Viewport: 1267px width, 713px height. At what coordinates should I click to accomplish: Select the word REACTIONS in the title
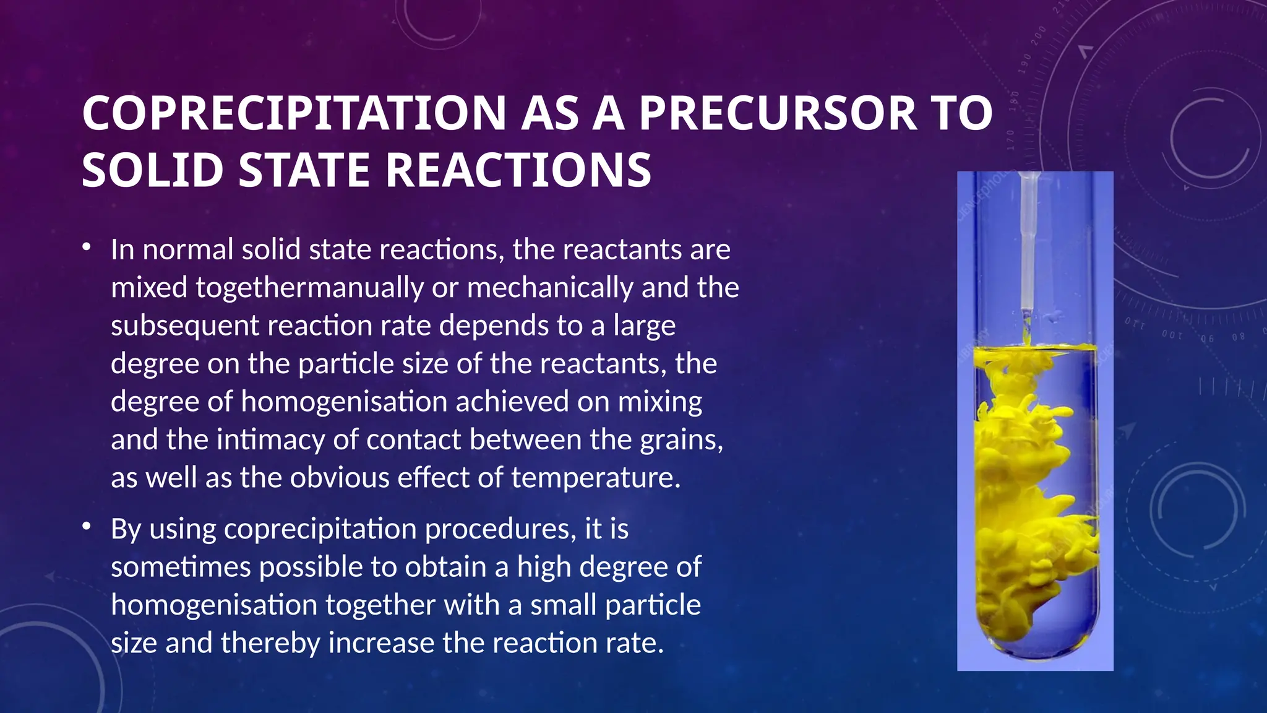[x=518, y=170]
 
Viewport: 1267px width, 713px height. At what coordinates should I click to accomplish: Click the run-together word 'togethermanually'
[x=309, y=288]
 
